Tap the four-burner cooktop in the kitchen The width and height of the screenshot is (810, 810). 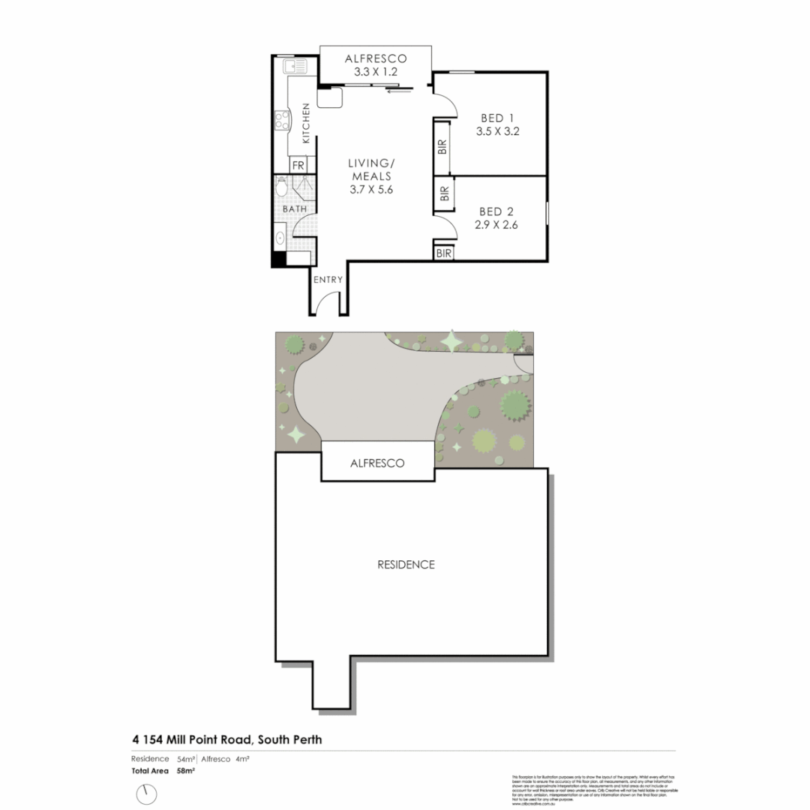tap(282, 119)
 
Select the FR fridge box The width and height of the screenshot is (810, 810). tap(298, 165)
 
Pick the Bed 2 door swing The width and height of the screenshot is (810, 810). tap(443, 224)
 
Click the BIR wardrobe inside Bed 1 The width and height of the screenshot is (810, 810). tap(442, 146)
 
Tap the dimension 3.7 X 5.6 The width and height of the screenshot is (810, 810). tap(371, 190)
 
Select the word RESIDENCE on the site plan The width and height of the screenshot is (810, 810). tap(406, 564)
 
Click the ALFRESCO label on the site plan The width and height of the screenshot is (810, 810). tap(377, 463)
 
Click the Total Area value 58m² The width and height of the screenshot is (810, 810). tap(186, 770)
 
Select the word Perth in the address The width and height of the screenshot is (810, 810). tap(307, 739)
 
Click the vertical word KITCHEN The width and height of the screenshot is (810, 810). tap(306, 124)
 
